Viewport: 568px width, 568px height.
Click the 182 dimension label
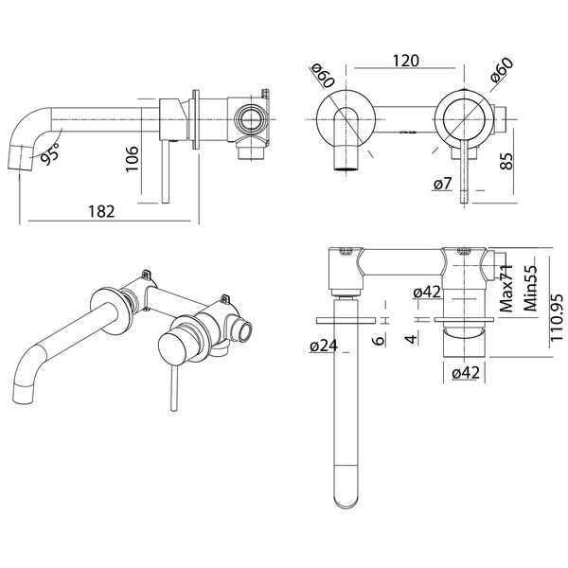[101, 211]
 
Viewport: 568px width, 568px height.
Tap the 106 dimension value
[131, 159]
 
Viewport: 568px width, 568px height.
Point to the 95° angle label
[49, 153]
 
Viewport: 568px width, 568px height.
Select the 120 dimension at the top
[406, 61]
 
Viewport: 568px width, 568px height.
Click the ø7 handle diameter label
[443, 184]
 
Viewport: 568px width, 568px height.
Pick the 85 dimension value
[506, 161]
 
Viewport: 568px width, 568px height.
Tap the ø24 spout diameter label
[324, 346]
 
